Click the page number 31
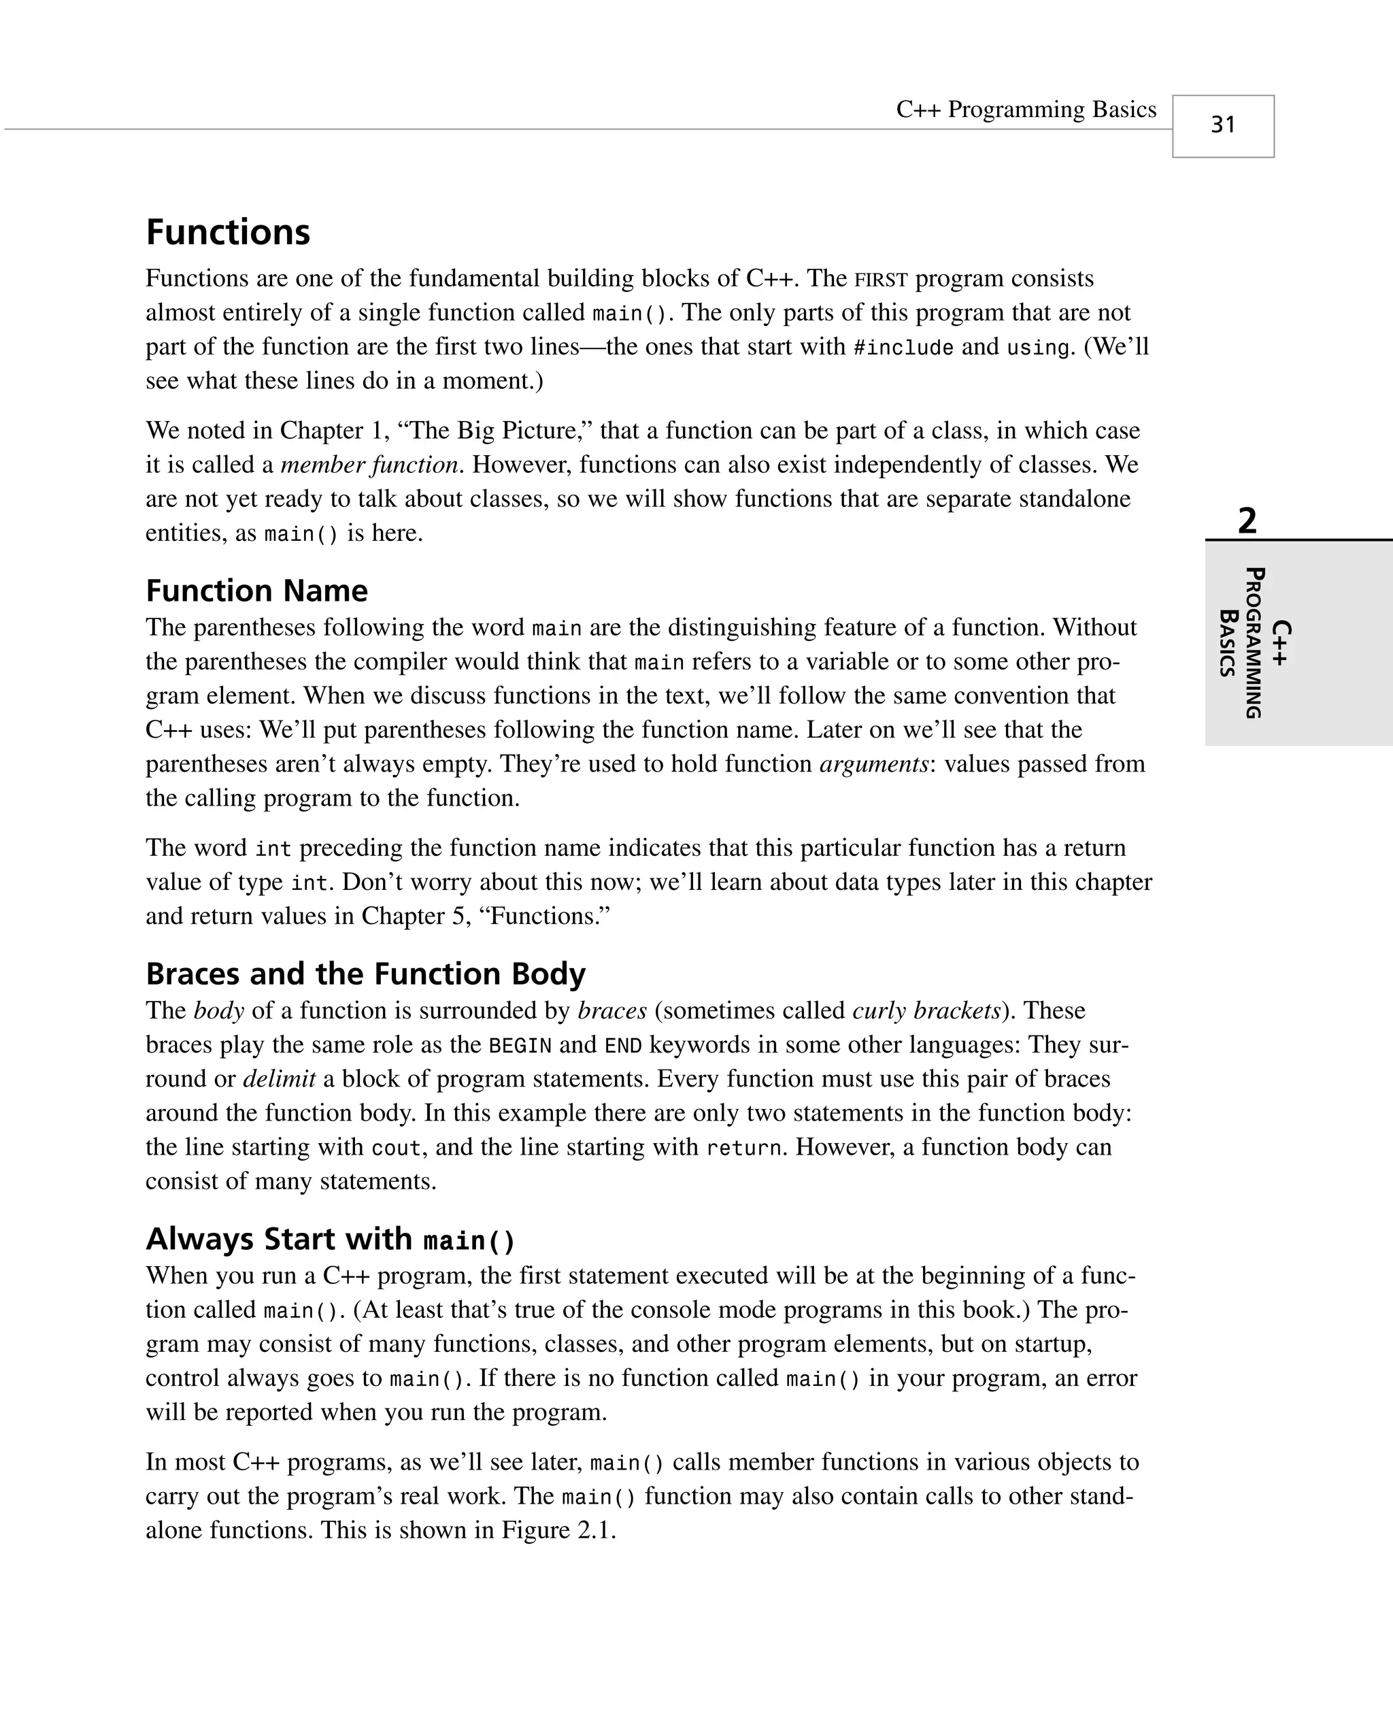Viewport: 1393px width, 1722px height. [1222, 125]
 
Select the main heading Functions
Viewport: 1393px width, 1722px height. [228, 232]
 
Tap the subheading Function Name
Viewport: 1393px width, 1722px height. [257, 591]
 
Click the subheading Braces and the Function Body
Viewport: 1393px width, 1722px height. [365, 974]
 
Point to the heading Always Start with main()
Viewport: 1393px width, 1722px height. [330, 1239]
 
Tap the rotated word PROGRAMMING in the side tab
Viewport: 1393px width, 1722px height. [1254, 643]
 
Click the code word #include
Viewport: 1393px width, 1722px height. [903, 348]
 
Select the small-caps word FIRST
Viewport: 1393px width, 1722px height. [880, 280]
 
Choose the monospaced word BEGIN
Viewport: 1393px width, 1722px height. [520, 1046]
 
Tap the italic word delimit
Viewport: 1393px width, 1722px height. [280, 1078]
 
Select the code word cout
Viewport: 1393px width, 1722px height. [396, 1148]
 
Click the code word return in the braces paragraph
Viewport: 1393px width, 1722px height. [743, 1148]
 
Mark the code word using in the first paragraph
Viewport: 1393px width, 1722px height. [1039, 348]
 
